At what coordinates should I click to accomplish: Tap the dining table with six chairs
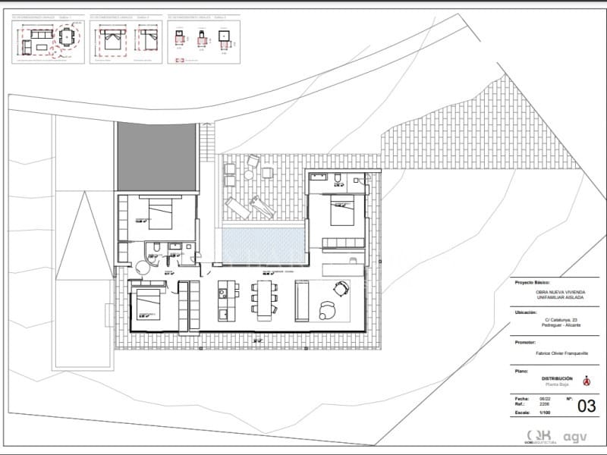pyautogui.click(x=263, y=299)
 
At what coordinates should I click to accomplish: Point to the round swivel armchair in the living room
pyautogui.click(x=328, y=309)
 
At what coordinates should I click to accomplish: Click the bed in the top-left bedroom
pyautogui.click(x=161, y=213)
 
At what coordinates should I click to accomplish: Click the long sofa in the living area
pyautogui.click(x=302, y=300)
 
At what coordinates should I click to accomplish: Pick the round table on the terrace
pyautogui.click(x=249, y=174)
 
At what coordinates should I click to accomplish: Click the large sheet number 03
pyautogui.click(x=587, y=406)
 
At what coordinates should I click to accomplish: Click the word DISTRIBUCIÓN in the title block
pyautogui.click(x=557, y=378)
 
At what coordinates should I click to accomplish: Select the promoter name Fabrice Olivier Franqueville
pyautogui.click(x=557, y=353)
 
